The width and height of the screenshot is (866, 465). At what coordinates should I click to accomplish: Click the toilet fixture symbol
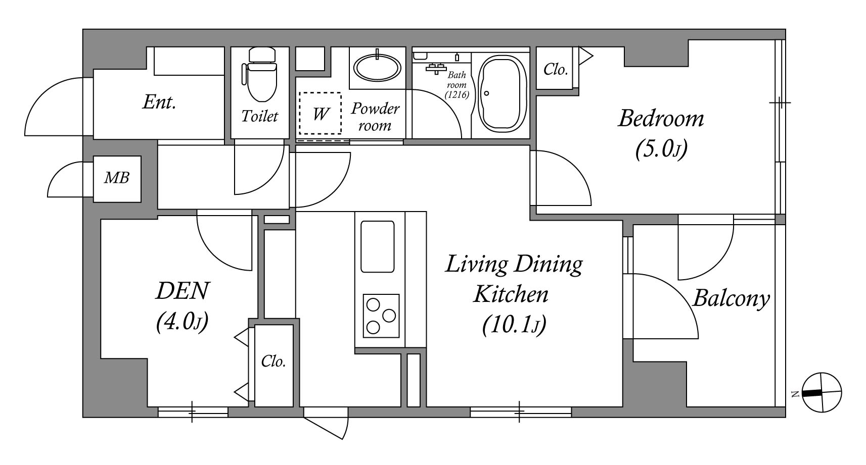point(259,75)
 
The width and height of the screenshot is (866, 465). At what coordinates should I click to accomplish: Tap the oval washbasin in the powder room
point(377,67)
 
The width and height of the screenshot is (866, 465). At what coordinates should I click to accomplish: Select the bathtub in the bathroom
point(502,93)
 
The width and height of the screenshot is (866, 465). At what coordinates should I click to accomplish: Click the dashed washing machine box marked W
point(320,113)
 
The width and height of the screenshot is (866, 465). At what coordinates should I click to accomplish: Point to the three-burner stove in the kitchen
point(381,316)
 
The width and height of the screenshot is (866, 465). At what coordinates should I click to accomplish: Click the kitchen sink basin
point(377,246)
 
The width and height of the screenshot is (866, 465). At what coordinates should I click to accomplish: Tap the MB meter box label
point(116,178)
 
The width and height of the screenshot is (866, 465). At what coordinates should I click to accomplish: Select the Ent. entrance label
point(159,102)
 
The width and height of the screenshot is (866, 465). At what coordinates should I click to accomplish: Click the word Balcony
point(731,299)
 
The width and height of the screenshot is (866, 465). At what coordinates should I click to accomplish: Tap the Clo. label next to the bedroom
point(556,70)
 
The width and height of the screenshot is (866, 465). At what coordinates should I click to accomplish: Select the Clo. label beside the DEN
point(274,361)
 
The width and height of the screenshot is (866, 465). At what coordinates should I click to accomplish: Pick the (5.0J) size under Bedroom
point(661,149)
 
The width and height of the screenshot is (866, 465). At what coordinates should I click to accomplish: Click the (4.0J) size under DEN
point(183,321)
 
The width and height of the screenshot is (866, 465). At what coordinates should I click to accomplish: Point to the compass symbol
point(822,392)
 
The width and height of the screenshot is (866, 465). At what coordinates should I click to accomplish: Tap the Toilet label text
point(259,116)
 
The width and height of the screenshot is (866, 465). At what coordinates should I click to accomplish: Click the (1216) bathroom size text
point(457,94)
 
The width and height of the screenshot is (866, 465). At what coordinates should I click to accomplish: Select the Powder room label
point(375,117)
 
